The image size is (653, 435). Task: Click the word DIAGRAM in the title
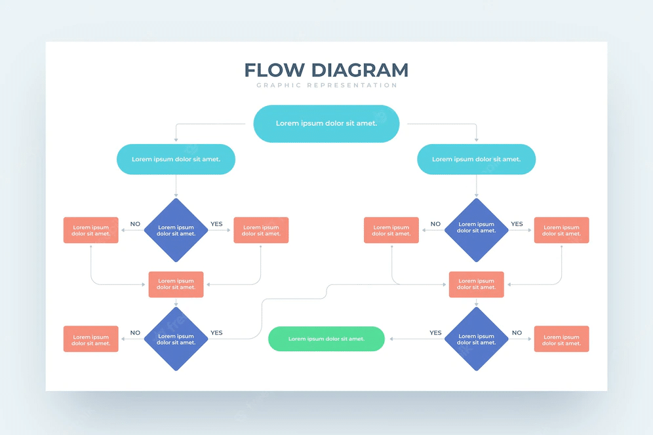(x=360, y=70)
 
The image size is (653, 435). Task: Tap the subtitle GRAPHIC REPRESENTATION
(x=326, y=85)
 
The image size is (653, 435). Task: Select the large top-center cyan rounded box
(x=326, y=123)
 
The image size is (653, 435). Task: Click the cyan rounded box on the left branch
(x=176, y=159)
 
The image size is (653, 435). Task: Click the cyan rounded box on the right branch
(x=476, y=159)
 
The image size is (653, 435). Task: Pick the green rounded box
(x=326, y=339)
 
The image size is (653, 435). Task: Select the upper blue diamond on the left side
(x=176, y=230)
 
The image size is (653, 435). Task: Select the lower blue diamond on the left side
(x=176, y=339)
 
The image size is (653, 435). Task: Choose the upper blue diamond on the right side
(x=476, y=230)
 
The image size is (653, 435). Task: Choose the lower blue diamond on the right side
(x=476, y=339)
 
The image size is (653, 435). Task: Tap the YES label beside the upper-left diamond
(x=216, y=224)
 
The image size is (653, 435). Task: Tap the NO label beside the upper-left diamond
(x=135, y=224)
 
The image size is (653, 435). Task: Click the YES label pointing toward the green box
(x=435, y=333)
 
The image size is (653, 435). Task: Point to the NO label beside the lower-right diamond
(x=517, y=333)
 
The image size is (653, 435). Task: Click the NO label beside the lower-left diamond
(x=135, y=333)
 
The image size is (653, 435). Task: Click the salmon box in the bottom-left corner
(x=91, y=339)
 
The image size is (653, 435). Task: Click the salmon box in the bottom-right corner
(x=561, y=339)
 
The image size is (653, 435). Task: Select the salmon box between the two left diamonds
(x=176, y=284)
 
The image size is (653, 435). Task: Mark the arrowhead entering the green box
(x=391, y=339)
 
